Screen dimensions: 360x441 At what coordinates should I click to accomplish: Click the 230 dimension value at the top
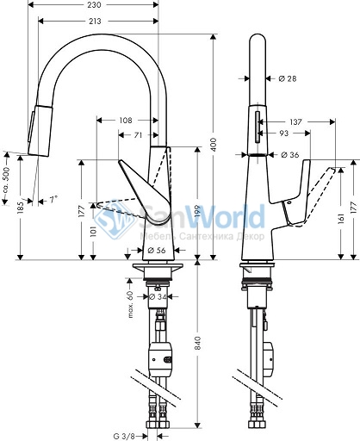95,5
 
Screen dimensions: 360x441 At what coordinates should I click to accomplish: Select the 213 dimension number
95,22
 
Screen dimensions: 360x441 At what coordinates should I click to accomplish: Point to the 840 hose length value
198,343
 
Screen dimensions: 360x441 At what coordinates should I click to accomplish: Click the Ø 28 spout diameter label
288,78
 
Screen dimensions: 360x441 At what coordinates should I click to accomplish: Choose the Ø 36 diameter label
289,155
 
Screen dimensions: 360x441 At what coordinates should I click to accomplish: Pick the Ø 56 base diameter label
157,251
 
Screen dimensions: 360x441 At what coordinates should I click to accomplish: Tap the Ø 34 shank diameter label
158,297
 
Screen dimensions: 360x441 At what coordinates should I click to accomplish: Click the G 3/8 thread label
124,437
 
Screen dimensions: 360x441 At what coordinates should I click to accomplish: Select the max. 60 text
130,305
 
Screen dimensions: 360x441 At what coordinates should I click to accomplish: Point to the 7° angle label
53,199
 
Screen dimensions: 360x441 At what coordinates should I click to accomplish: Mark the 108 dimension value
126,121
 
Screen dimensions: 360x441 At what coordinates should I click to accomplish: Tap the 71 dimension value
138,135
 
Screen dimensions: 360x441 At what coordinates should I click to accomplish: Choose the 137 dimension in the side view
295,122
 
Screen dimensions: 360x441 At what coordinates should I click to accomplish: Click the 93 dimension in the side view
283,134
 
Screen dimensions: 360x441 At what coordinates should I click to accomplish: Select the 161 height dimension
342,219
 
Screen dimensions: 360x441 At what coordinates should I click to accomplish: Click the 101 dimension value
93,232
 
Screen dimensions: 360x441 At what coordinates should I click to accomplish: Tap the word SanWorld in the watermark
202,217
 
